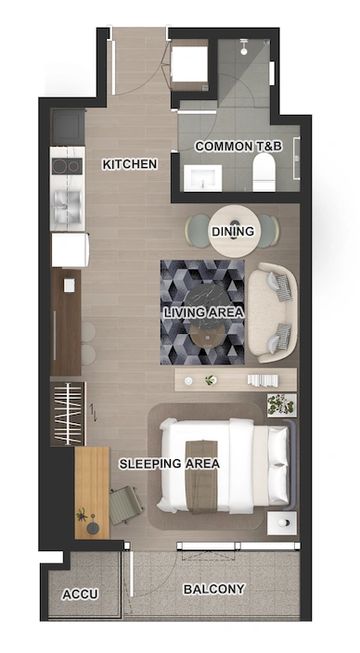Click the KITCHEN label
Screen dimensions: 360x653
point(130,164)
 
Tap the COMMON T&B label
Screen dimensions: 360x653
point(239,146)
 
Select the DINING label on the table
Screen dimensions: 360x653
point(233,231)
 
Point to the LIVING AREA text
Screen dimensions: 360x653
point(203,312)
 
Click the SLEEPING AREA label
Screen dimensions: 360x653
point(169,464)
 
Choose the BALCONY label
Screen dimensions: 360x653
point(214,589)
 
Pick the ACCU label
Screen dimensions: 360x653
point(80,594)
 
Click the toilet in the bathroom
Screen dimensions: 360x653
point(264,172)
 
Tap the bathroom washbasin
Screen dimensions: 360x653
point(203,178)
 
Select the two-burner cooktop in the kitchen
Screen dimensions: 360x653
point(68,166)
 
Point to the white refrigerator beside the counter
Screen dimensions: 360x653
point(70,250)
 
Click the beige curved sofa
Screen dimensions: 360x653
point(273,312)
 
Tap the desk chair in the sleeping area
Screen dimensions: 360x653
point(126,506)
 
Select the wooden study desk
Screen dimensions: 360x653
point(92,493)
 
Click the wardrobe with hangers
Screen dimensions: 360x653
point(68,414)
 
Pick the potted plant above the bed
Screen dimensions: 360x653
point(282,405)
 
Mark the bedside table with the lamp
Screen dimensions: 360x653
point(282,523)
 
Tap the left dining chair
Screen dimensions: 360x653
point(197,232)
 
